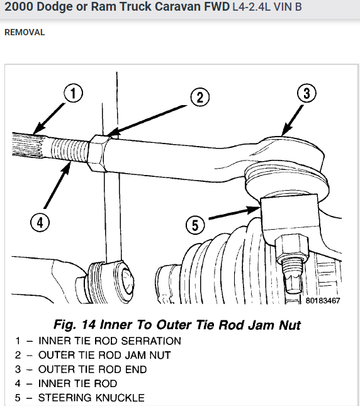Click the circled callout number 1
click(74, 95)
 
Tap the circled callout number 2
click(199, 97)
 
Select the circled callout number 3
click(306, 94)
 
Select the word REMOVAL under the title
click(25, 32)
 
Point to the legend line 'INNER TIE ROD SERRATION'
click(110, 341)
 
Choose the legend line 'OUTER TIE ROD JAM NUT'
click(104, 355)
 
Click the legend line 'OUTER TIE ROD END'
click(93, 369)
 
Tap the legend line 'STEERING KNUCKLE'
click(91, 398)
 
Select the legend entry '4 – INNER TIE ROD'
click(66, 383)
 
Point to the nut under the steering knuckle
click(291, 245)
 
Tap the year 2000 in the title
click(18, 9)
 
